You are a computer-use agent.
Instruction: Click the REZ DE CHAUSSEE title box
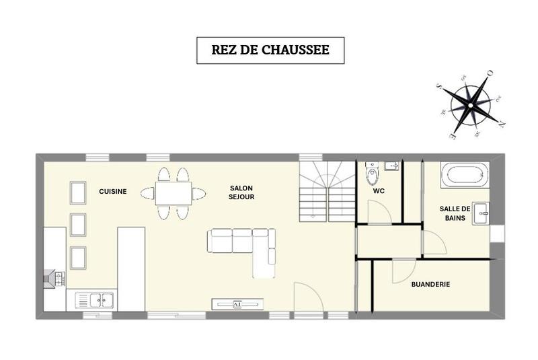pos(270,50)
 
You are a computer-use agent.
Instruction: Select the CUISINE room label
pos(113,192)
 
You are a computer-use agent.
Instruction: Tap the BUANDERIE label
pos(430,285)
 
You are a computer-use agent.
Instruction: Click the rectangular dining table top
pos(174,193)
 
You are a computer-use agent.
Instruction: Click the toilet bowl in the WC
pos(371,175)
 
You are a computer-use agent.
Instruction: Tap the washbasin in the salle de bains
pos(482,213)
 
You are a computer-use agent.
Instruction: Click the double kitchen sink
pos(95,299)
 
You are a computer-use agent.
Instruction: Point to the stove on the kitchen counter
pos(54,277)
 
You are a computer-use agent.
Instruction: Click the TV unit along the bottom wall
pos(237,304)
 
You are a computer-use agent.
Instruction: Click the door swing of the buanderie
pos(402,273)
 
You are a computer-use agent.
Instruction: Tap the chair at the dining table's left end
pos(147,194)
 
